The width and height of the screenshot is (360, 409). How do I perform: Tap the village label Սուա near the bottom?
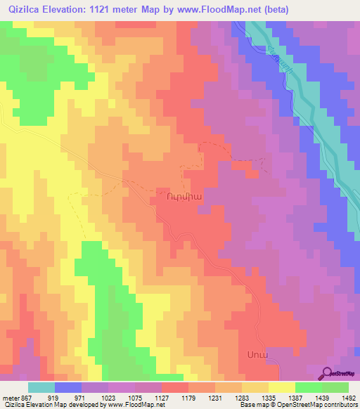coord(257,353)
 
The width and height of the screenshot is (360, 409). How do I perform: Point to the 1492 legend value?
coord(348,397)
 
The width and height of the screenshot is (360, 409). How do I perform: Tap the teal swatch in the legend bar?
coord(41,387)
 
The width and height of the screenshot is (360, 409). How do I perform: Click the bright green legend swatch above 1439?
coord(309,387)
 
